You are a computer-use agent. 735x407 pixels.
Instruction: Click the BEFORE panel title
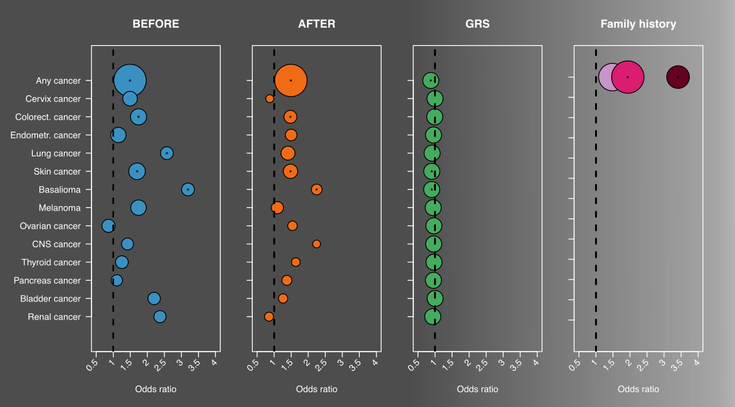click(x=155, y=24)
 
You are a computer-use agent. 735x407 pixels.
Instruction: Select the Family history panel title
click(x=638, y=24)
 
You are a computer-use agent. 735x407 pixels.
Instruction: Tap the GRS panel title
click(x=477, y=24)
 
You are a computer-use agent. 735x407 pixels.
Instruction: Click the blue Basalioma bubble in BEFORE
click(x=188, y=189)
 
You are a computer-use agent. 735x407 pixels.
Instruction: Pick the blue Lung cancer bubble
click(x=167, y=153)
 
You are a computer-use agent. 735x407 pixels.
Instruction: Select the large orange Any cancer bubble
click(x=291, y=80)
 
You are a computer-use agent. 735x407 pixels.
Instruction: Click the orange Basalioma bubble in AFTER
click(x=317, y=189)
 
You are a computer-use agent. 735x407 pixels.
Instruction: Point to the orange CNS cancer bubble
click(x=317, y=244)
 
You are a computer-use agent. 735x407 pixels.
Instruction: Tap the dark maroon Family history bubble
click(x=678, y=77)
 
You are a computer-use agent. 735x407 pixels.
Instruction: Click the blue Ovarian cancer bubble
click(x=108, y=226)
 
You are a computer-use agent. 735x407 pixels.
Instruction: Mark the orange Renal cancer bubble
click(x=269, y=317)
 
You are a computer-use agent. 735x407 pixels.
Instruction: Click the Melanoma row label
click(x=59, y=208)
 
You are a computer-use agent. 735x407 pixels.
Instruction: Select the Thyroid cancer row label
click(x=51, y=263)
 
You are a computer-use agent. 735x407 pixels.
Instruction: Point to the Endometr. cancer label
click(x=46, y=135)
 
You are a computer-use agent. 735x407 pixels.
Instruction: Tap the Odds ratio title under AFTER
click(x=317, y=390)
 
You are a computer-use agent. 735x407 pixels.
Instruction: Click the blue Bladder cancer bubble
click(x=154, y=298)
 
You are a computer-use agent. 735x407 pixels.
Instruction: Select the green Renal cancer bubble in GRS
click(x=433, y=317)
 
